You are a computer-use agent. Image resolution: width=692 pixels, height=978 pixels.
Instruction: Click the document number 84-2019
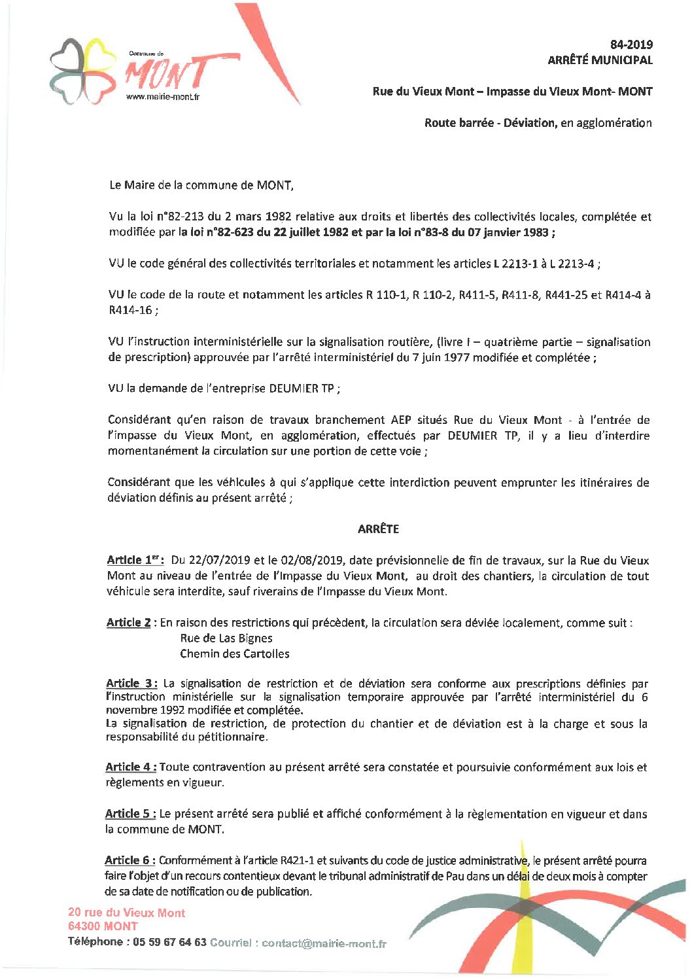click(x=631, y=44)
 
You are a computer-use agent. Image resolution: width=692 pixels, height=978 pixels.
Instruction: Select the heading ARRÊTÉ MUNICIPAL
click(x=600, y=60)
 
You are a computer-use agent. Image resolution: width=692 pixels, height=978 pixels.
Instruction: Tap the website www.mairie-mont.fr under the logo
click(x=162, y=97)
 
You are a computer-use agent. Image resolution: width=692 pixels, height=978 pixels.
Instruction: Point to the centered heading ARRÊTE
click(x=378, y=529)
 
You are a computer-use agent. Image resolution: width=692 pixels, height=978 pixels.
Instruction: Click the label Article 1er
click(x=135, y=560)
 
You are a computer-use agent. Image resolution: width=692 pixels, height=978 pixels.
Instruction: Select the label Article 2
click(x=129, y=623)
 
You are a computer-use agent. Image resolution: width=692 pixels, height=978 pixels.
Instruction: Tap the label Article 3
click(x=131, y=684)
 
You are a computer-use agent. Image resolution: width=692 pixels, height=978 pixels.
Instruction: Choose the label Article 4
click(x=130, y=767)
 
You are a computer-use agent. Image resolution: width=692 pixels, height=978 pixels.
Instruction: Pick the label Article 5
click(x=130, y=814)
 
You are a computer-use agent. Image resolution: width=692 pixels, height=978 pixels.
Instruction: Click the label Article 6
click(x=130, y=860)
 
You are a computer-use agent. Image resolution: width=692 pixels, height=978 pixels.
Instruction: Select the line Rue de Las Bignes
click(x=226, y=638)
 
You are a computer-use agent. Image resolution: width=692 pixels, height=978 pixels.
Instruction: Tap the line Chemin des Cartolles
click(x=234, y=654)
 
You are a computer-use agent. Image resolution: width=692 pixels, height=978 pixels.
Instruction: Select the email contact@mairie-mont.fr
click(x=324, y=943)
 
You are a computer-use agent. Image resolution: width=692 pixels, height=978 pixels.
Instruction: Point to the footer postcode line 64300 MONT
click(x=103, y=926)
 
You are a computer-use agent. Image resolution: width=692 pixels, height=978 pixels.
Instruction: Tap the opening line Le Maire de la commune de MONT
click(x=201, y=185)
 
